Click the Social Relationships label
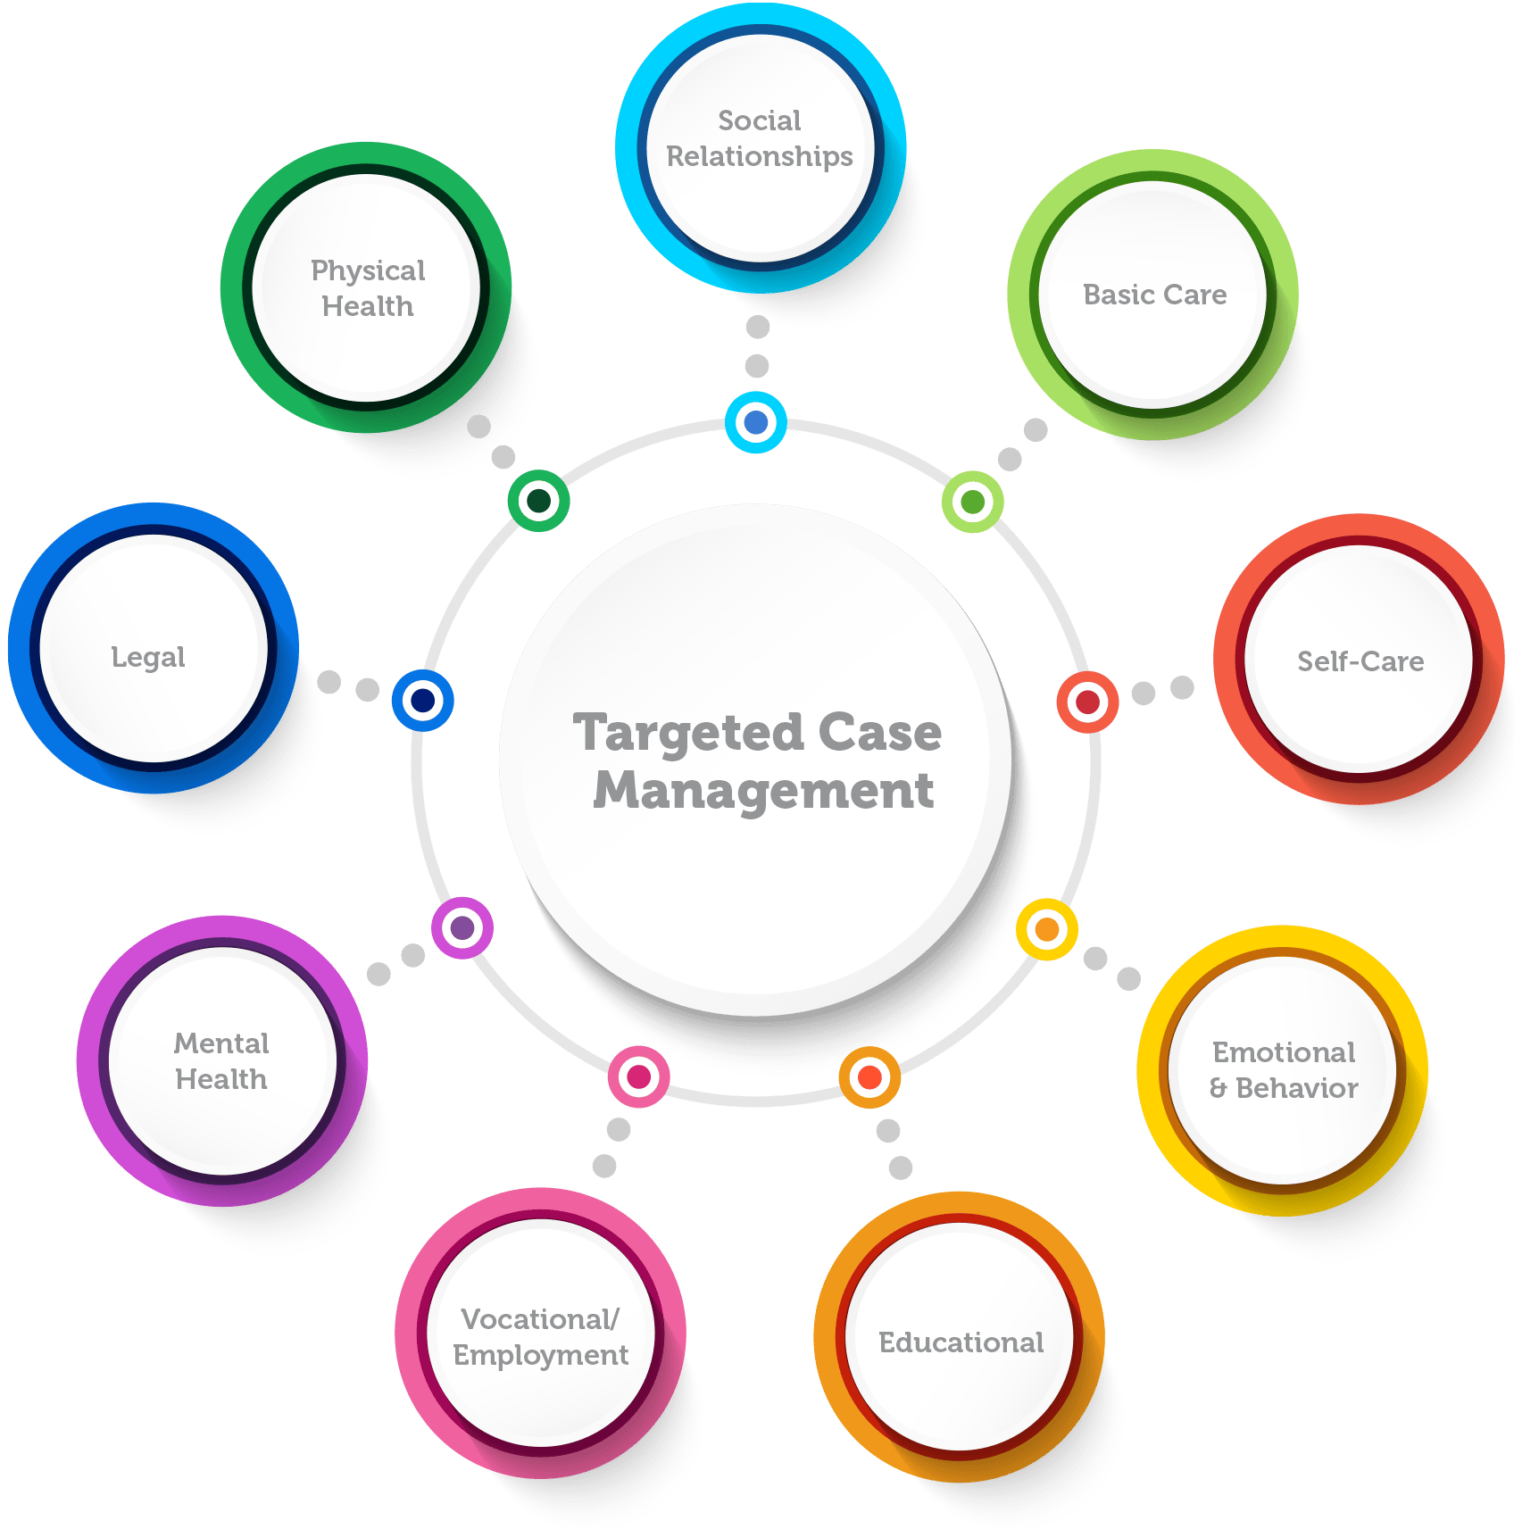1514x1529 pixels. point(760,138)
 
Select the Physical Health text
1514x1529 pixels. point(368,288)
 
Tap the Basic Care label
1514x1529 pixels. point(1154,295)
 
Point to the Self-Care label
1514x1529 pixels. point(1360,661)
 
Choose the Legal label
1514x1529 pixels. point(148,657)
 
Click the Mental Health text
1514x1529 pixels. point(221,1061)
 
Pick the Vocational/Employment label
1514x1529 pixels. point(540,1337)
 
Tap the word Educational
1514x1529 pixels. point(961,1342)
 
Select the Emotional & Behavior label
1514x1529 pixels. point(1284,1070)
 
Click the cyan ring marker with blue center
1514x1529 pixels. point(756,422)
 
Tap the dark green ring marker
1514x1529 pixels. point(539,501)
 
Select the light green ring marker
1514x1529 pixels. point(973,503)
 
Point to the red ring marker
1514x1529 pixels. point(1087,702)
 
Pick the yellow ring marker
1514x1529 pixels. point(1047,930)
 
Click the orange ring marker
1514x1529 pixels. point(869,1077)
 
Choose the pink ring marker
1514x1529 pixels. point(639,1077)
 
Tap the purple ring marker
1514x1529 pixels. point(462,928)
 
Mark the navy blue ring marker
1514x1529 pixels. point(423,701)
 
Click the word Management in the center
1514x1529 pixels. point(764,791)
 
